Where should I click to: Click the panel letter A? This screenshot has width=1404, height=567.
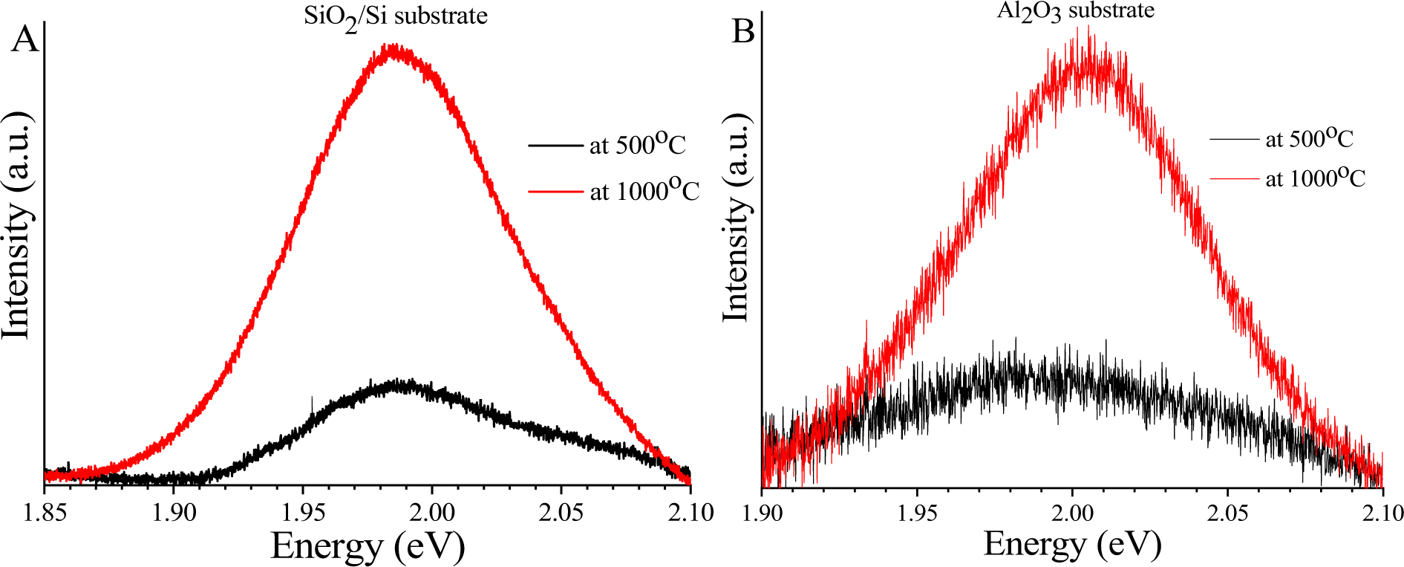pyautogui.click(x=25, y=39)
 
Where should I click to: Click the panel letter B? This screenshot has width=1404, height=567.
pyautogui.click(x=743, y=32)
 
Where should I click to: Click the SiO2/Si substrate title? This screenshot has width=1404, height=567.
pyautogui.click(x=395, y=16)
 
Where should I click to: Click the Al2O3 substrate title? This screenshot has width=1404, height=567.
pyautogui.click(x=1074, y=11)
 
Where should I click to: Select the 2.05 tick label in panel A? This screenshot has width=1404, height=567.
pyautogui.click(x=561, y=513)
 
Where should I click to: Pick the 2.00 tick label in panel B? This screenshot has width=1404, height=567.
pyautogui.click(x=1072, y=513)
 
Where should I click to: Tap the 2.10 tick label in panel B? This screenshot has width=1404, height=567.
pyautogui.click(x=1382, y=513)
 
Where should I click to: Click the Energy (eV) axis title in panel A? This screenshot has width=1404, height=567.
pyautogui.click(x=368, y=546)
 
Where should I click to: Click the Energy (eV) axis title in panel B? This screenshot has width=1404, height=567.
pyautogui.click(x=1072, y=544)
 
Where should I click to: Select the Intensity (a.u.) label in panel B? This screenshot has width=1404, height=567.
pyautogui.click(x=736, y=219)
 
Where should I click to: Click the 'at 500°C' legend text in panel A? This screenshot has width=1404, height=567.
pyautogui.click(x=637, y=144)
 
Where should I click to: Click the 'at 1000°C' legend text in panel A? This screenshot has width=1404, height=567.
pyautogui.click(x=644, y=191)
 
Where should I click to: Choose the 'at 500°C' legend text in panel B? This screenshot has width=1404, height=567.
pyautogui.click(x=1309, y=138)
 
